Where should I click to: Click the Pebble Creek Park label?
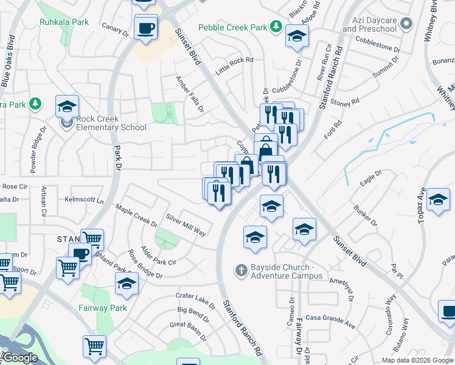pyautogui.click(x=233, y=28)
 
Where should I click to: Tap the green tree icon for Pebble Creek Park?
pyautogui.click(x=276, y=26)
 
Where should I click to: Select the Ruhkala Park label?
pyautogui.click(x=64, y=23)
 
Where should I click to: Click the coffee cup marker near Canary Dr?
pyautogui.click(x=145, y=28)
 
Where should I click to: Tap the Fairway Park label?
pyautogui.click(x=102, y=308)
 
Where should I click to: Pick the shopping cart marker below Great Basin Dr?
pyautogui.click(x=94, y=347)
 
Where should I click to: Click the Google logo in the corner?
pyautogui.click(x=19, y=358)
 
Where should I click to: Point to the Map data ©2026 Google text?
pyautogui.click(x=417, y=360)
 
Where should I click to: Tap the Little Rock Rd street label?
pyautogui.click(x=238, y=60)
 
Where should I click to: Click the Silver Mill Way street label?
pyautogui.click(x=186, y=224)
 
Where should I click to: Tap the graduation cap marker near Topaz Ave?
pyautogui.click(x=438, y=200)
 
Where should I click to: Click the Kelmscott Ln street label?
pyautogui.click(x=84, y=200)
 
